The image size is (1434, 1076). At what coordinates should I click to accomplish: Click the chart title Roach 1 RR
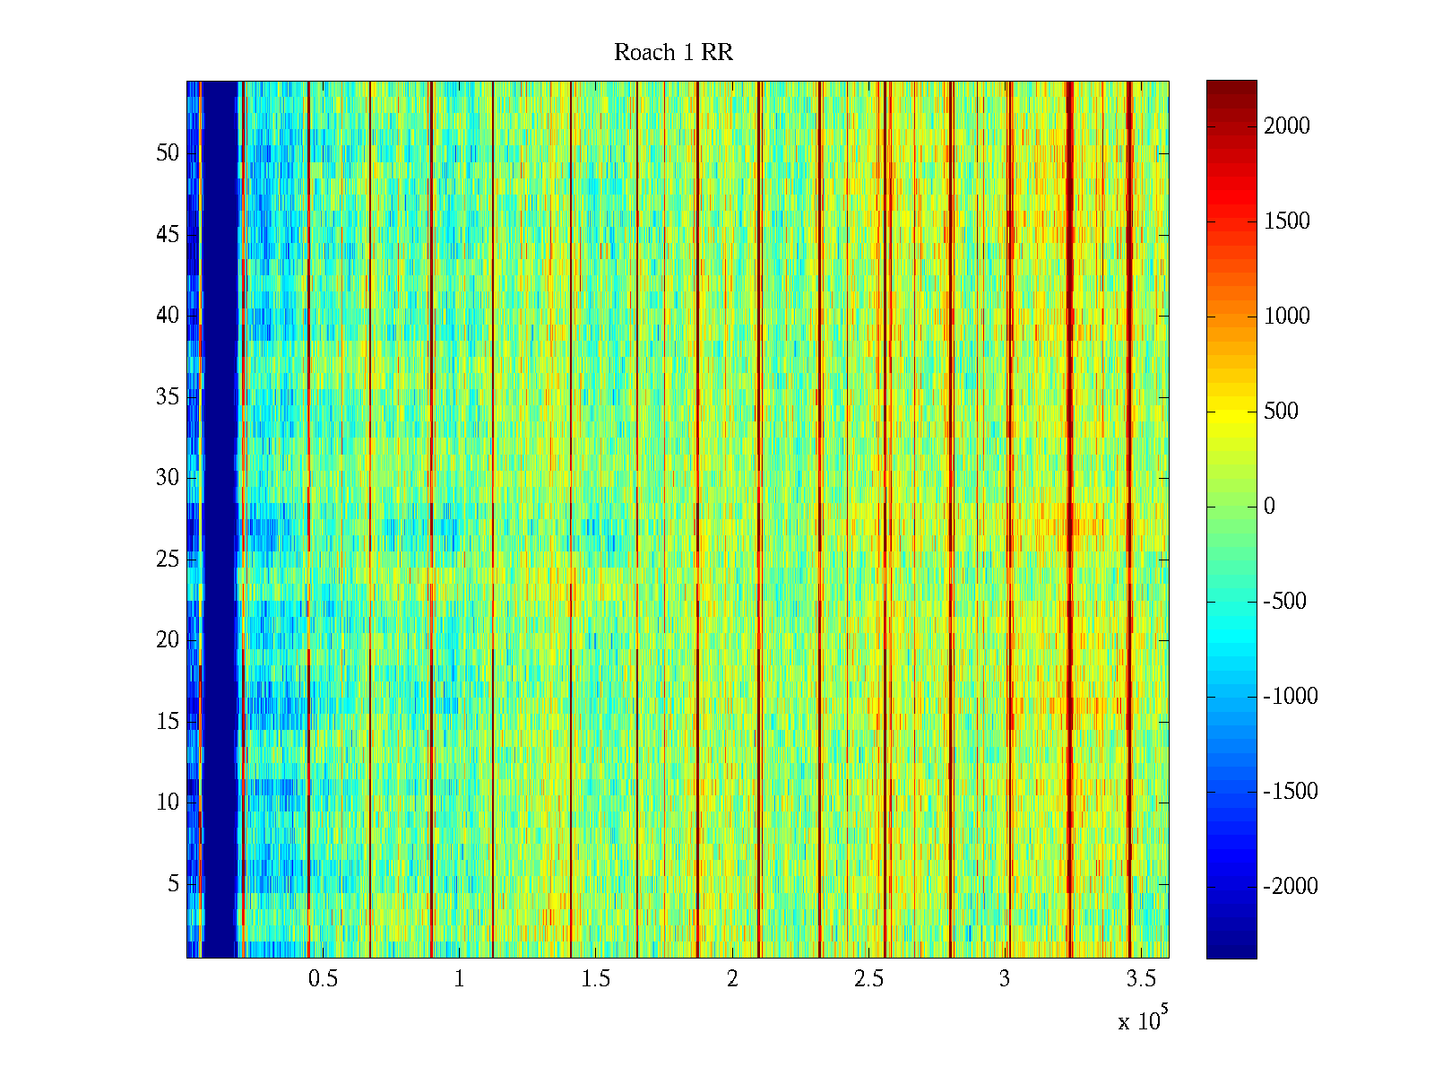point(673,53)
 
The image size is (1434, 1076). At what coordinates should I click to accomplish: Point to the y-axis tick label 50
point(168,153)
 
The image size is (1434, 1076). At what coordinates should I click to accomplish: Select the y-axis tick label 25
point(168,560)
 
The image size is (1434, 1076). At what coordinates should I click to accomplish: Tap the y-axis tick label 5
point(173,884)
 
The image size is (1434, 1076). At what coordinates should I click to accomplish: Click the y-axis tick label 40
point(168,316)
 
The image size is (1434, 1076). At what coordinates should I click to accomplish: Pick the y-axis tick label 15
point(168,722)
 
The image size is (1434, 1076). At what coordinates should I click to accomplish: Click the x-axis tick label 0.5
point(323,979)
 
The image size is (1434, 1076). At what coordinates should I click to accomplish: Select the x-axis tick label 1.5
point(595,979)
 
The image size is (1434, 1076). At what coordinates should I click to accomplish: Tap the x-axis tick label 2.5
point(868,979)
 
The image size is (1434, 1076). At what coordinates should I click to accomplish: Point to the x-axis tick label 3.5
point(1141,979)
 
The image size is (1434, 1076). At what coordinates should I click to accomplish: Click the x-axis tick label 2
point(732,979)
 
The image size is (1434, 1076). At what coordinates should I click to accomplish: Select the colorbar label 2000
point(1287,126)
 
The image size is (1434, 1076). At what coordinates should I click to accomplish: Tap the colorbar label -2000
point(1291,887)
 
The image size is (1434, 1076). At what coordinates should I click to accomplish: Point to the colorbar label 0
point(1269,507)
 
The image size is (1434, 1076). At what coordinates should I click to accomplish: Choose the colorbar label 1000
point(1287,317)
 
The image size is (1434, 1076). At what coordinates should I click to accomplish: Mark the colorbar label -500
point(1285,602)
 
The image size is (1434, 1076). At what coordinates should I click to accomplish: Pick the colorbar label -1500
point(1291,792)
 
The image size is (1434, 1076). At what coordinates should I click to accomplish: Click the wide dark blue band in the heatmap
point(220,520)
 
